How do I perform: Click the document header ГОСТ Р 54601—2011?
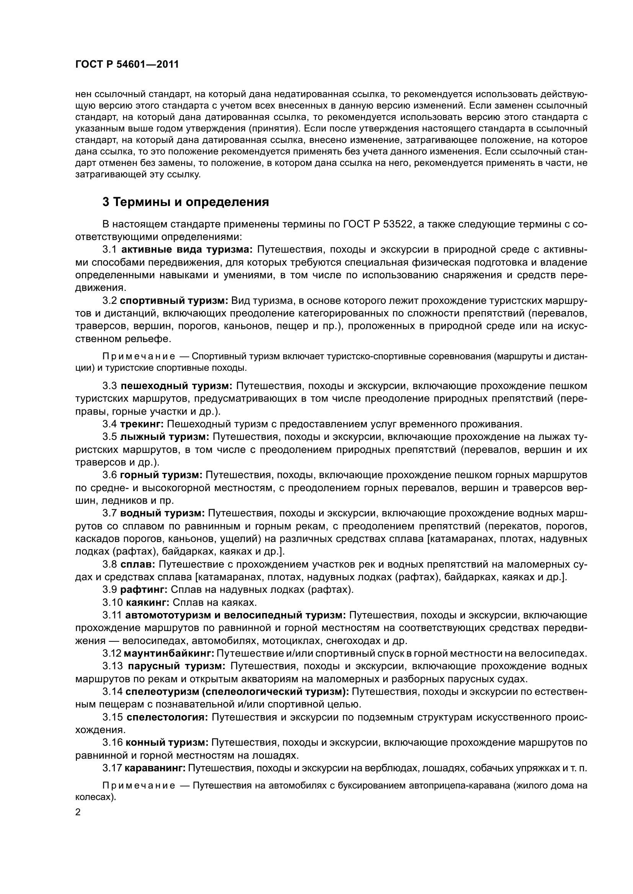point(127,65)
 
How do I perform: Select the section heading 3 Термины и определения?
point(186,202)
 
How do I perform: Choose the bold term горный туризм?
point(161,475)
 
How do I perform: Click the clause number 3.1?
point(109,250)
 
